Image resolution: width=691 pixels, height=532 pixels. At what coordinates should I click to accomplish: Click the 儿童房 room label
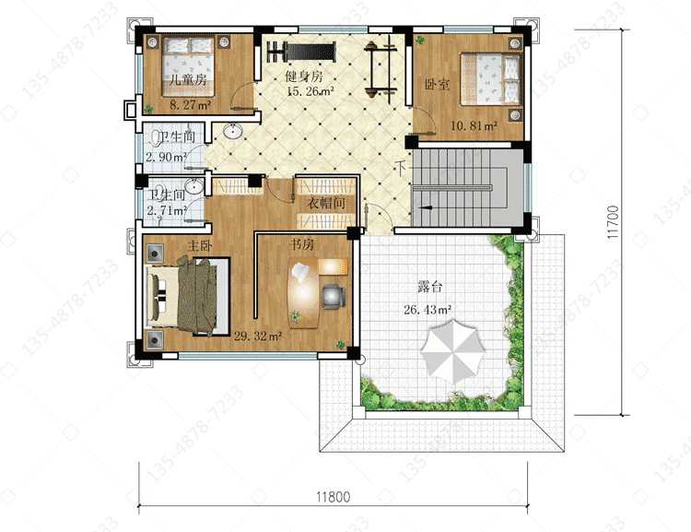pyautogui.click(x=188, y=79)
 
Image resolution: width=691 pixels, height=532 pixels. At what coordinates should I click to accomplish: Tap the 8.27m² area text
pyautogui.click(x=191, y=105)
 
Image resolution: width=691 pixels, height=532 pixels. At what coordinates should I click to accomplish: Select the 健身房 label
pyautogui.click(x=304, y=76)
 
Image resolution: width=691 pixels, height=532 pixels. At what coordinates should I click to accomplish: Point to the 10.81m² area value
pyautogui.click(x=474, y=125)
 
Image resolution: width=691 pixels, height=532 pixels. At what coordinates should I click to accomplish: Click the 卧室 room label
pyautogui.click(x=437, y=84)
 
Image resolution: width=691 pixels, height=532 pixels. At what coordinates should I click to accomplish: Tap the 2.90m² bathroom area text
pyautogui.click(x=166, y=157)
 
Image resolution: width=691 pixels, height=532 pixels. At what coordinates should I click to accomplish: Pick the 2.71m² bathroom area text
pyautogui.click(x=167, y=210)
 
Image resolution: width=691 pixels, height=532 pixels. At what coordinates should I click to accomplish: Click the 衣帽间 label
pyautogui.click(x=326, y=203)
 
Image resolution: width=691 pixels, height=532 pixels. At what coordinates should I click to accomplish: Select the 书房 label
pyautogui.click(x=302, y=244)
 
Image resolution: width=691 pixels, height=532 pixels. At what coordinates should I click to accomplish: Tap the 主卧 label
pyautogui.click(x=200, y=245)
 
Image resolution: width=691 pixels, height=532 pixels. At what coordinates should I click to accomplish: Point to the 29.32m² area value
pyautogui.click(x=258, y=337)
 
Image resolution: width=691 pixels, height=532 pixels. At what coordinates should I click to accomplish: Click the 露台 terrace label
pyautogui.click(x=429, y=287)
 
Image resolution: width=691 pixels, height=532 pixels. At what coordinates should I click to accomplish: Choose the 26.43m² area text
pyautogui.click(x=427, y=310)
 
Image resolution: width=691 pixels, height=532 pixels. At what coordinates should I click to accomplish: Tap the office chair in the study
pyautogui.click(x=334, y=295)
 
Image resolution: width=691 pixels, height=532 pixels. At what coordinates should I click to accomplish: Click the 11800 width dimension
pyautogui.click(x=334, y=497)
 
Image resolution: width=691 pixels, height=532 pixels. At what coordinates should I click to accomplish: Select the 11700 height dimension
pyautogui.click(x=613, y=222)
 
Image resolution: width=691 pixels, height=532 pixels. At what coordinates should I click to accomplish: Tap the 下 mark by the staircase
pyautogui.click(x=402, y=168)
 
